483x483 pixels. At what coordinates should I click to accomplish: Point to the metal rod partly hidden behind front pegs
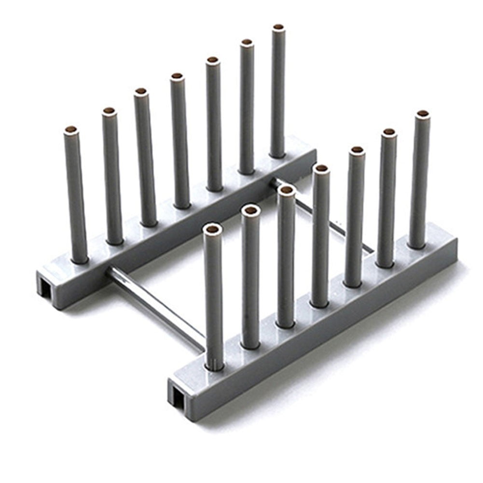[333, 222]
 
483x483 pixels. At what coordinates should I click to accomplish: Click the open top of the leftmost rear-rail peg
[71, 130]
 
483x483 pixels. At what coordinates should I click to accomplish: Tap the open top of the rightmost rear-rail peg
[278, 27]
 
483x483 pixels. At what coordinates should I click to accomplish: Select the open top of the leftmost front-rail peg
[212, 228]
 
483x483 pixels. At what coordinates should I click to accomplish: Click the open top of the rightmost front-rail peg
[423, 114]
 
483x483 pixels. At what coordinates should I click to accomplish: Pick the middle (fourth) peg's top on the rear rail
[177, 76]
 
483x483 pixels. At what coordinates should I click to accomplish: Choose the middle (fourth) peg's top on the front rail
[321, 168]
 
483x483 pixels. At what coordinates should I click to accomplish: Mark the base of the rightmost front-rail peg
[417, 244]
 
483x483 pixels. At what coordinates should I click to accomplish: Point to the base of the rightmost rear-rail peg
[277, 153]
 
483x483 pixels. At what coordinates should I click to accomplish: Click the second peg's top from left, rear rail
[109, 111]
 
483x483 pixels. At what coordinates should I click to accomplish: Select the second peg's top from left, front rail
[250, 210]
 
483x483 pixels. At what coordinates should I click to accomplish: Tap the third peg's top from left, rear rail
[141, 91]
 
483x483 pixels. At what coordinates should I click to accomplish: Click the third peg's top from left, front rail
[287, 190]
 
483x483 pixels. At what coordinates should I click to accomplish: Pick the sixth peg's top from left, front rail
[389, 132]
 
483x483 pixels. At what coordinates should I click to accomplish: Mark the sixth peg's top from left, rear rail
[247, 42]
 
